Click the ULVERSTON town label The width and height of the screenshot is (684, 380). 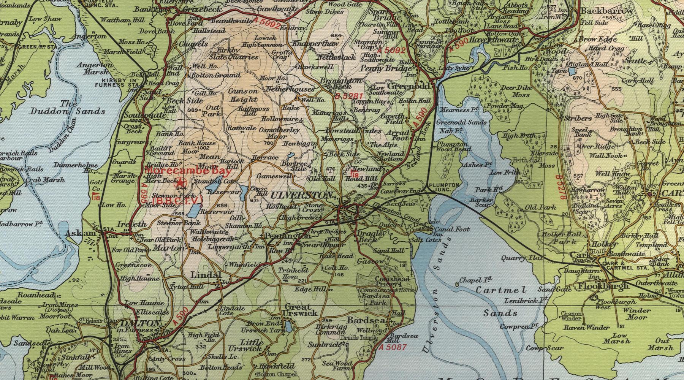tap(302, 195)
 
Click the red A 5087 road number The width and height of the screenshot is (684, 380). tap(393, 347)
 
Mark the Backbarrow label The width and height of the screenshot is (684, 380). tap(607, 11)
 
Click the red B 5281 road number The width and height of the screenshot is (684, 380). tap(349, 96)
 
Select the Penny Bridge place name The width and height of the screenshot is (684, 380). tap(385, 69)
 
